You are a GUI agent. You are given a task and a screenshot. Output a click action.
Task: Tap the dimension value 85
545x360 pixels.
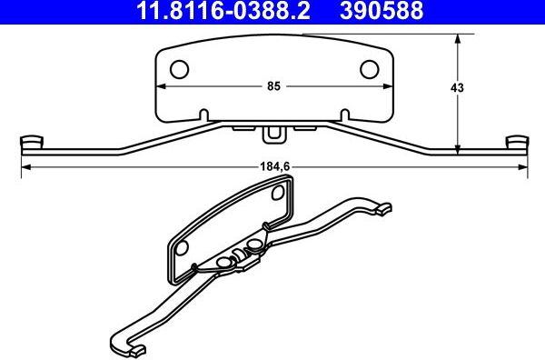(273, 86)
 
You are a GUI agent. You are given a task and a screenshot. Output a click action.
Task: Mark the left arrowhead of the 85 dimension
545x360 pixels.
(162, 86)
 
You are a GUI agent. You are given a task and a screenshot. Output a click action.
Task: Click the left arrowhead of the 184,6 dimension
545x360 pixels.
(25, 166)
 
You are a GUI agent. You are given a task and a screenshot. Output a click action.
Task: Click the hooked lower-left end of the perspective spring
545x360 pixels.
(127, 346)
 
